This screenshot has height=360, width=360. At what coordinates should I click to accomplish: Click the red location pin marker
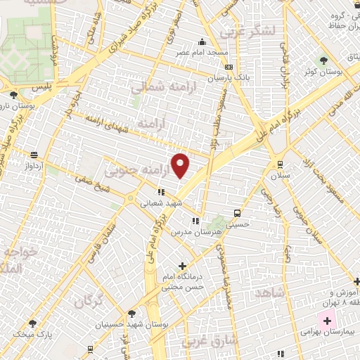coord(181,166)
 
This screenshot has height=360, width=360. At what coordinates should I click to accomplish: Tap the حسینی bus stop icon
coord(237,212)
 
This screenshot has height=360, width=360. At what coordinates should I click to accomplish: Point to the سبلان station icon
coord(271,164)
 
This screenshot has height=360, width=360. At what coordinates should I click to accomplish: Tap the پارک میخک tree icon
coord(32,323)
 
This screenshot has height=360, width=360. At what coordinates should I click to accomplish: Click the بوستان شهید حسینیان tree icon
coord(132,314)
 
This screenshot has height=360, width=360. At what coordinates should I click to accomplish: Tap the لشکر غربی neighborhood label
coord(242,32)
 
